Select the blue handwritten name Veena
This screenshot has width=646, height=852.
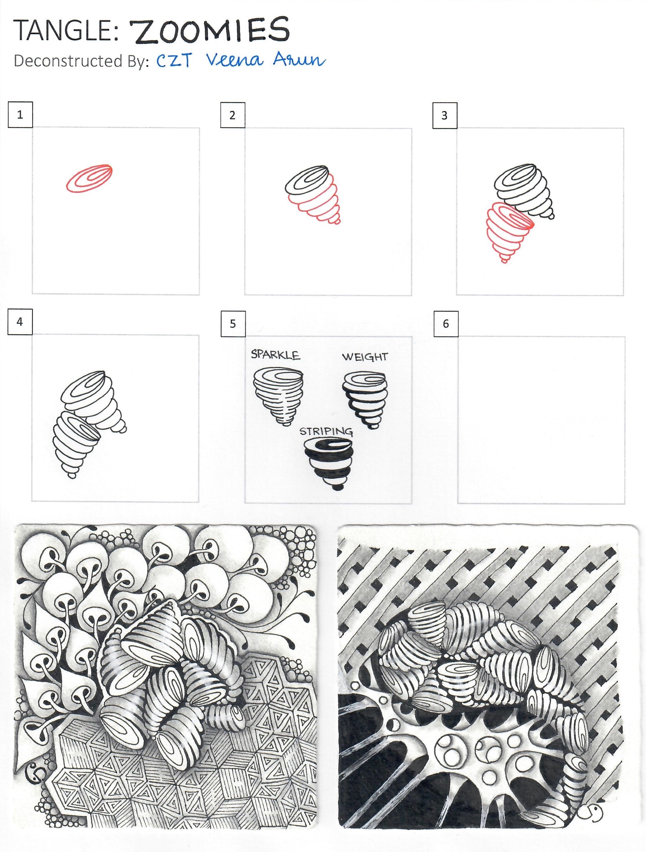237,60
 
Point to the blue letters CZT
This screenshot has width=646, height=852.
174,61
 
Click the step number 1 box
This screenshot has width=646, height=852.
20,114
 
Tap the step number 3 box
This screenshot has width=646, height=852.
445,115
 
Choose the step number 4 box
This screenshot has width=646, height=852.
20,321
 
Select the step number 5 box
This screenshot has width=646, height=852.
232,323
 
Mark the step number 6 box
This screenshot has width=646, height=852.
445,323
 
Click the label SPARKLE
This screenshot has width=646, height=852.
275,353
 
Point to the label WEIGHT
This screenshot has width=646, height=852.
365,356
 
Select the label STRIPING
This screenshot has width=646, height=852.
326,430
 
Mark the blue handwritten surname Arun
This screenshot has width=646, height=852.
299,61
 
